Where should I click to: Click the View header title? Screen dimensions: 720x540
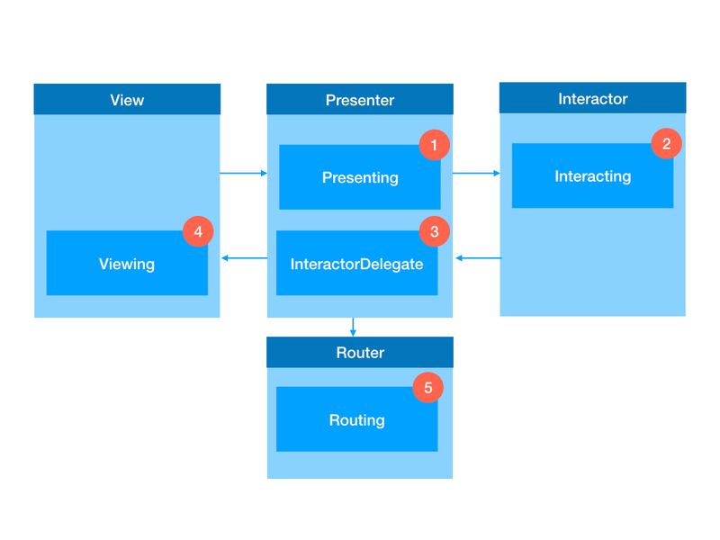coord(127,100)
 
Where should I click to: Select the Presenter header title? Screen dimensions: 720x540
coord(360,100)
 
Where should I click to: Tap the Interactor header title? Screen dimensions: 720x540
coord(593,98)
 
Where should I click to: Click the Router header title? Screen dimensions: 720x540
coord(360,352)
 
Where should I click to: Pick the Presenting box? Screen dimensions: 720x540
coord(360,177)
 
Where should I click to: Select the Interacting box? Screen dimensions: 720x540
coord(593,175)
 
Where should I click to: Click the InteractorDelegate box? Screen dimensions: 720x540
coord(356,263)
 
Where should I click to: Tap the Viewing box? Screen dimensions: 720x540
coord(127,263)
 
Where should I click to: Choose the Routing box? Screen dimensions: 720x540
coord(356,419)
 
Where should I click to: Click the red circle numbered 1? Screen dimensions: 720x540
coord(434,145)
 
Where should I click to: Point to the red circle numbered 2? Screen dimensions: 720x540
coord(666,144)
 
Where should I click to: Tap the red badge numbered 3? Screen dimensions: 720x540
coord(434,231)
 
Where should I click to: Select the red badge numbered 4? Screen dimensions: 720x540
coord(198,231)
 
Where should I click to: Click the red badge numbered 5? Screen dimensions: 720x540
coord(428,388)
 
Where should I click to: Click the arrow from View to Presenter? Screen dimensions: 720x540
coord(243,173)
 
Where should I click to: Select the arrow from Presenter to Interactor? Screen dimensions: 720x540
coord(476,173)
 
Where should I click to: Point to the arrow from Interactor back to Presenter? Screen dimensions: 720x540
coord(479,258)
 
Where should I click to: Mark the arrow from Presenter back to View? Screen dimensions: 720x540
coord(244,258)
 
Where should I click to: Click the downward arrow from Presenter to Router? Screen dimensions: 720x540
coord(353,327)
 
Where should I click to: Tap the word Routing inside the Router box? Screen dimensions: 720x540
coord(356,420)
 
